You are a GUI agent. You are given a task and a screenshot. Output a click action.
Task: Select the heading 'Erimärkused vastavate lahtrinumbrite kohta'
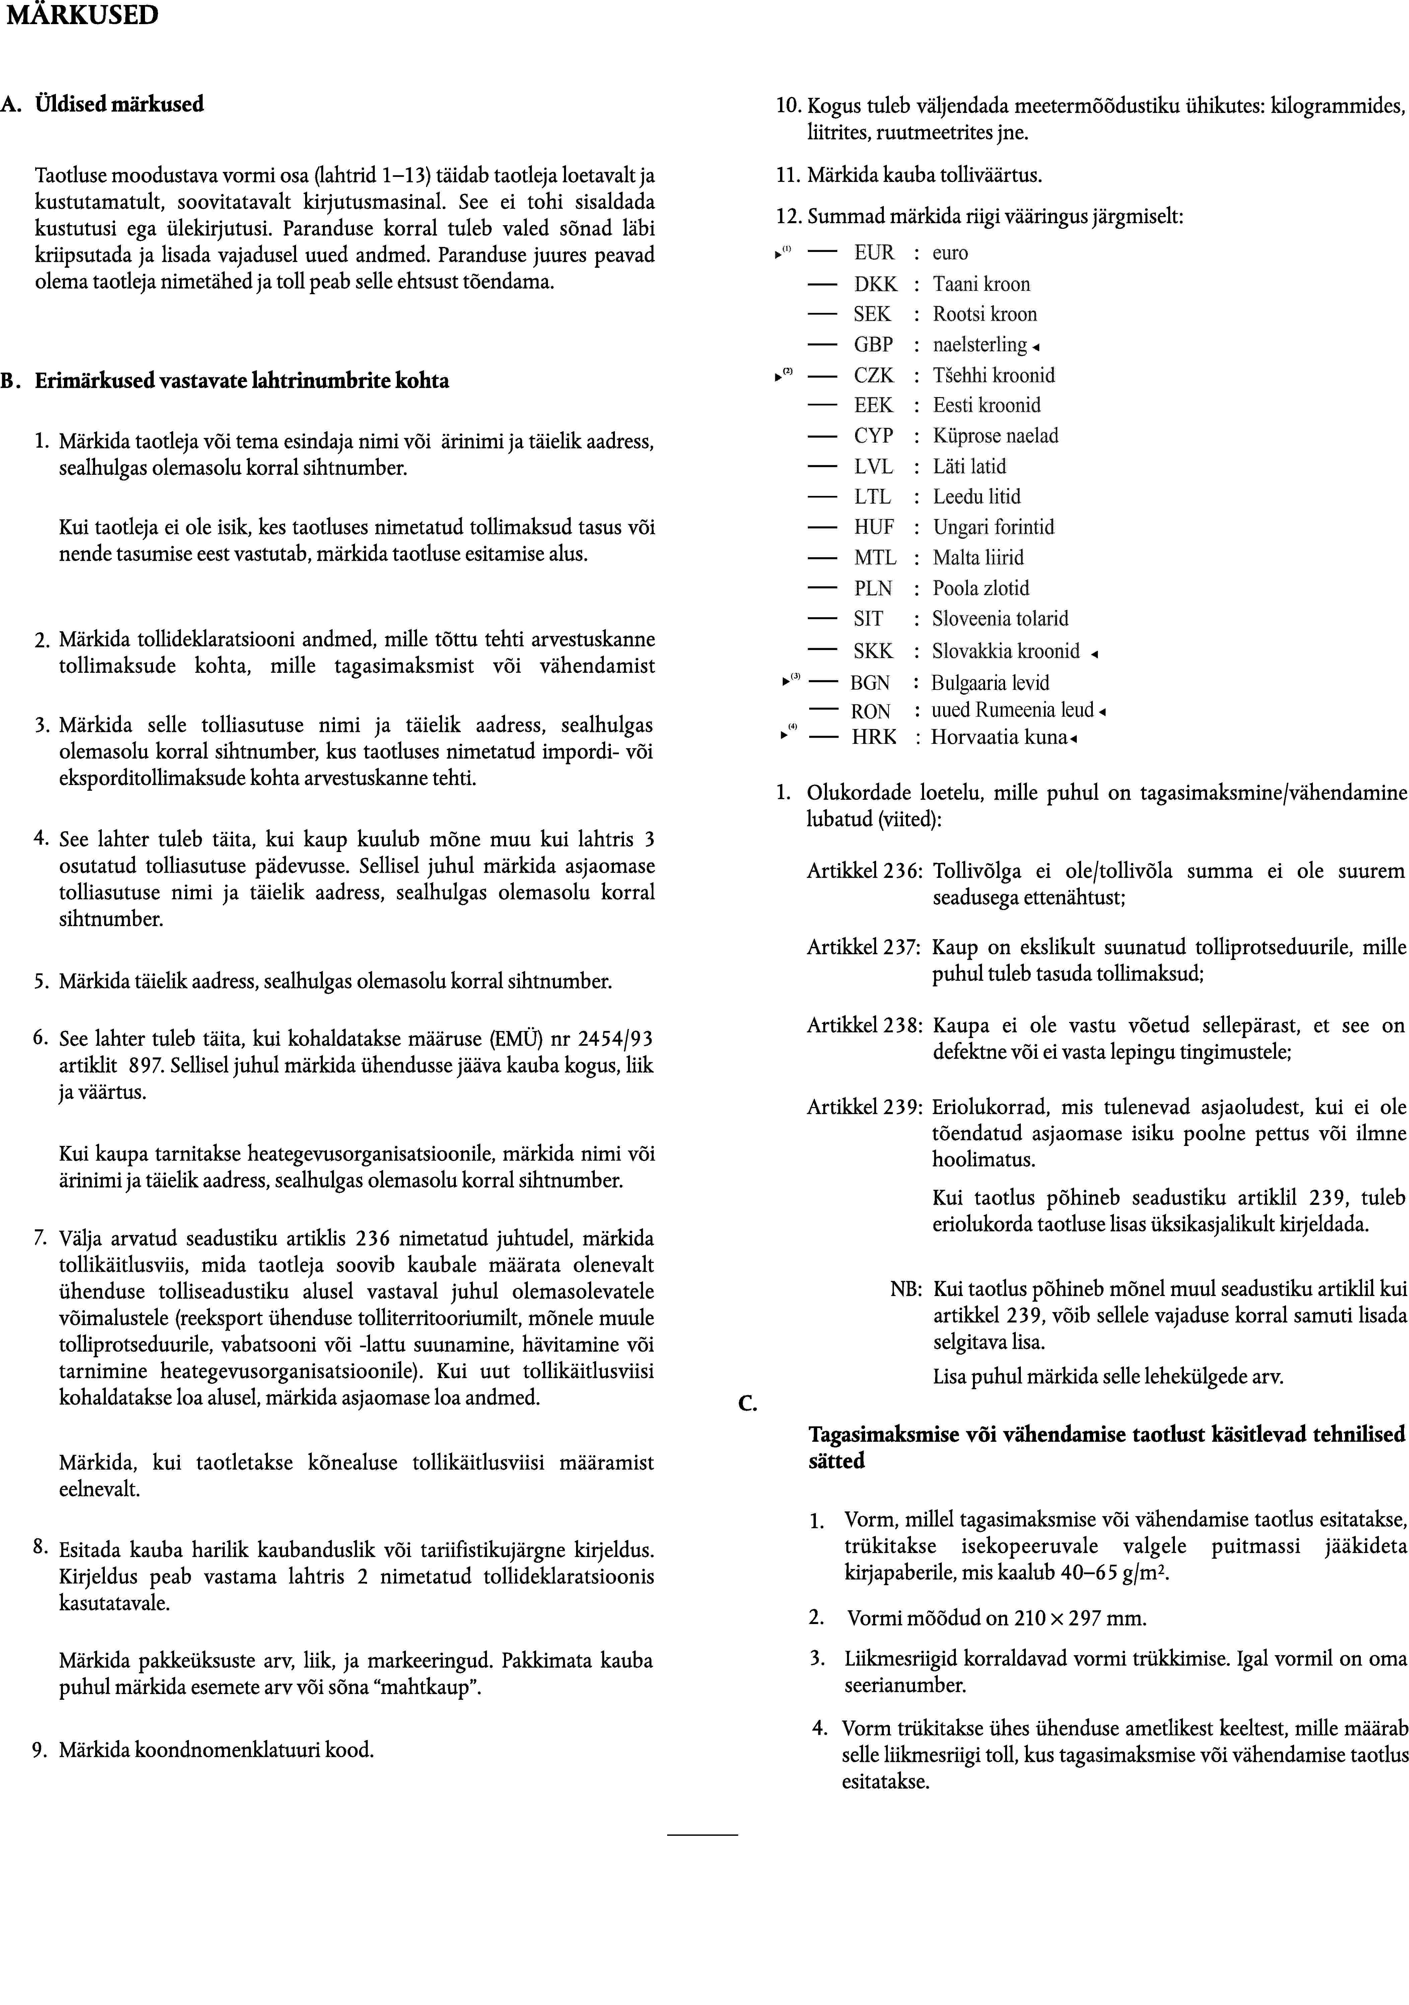[242, 382]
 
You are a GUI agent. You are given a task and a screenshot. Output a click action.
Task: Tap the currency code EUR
[874, 253]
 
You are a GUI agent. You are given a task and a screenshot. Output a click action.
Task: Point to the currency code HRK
[874, 737]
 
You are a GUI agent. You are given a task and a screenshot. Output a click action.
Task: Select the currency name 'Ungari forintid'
[993, 527]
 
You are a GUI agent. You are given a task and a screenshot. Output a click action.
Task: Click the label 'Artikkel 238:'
[864, 1026]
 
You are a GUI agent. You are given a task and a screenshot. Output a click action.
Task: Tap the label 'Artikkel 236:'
[864, 871]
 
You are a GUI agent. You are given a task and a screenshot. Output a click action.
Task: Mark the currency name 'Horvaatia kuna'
[999, 737]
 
